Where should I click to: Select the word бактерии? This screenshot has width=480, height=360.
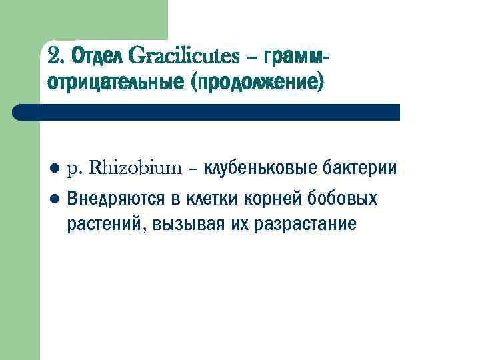tap(360, 168)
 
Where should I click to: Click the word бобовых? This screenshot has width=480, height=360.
tap(346, 199)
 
